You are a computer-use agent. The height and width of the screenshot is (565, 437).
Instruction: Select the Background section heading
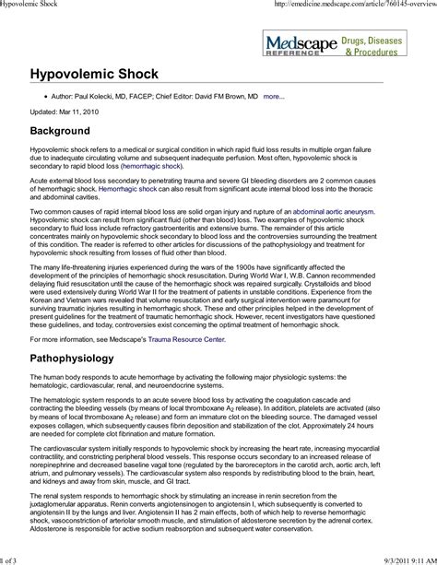pos(66,132)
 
